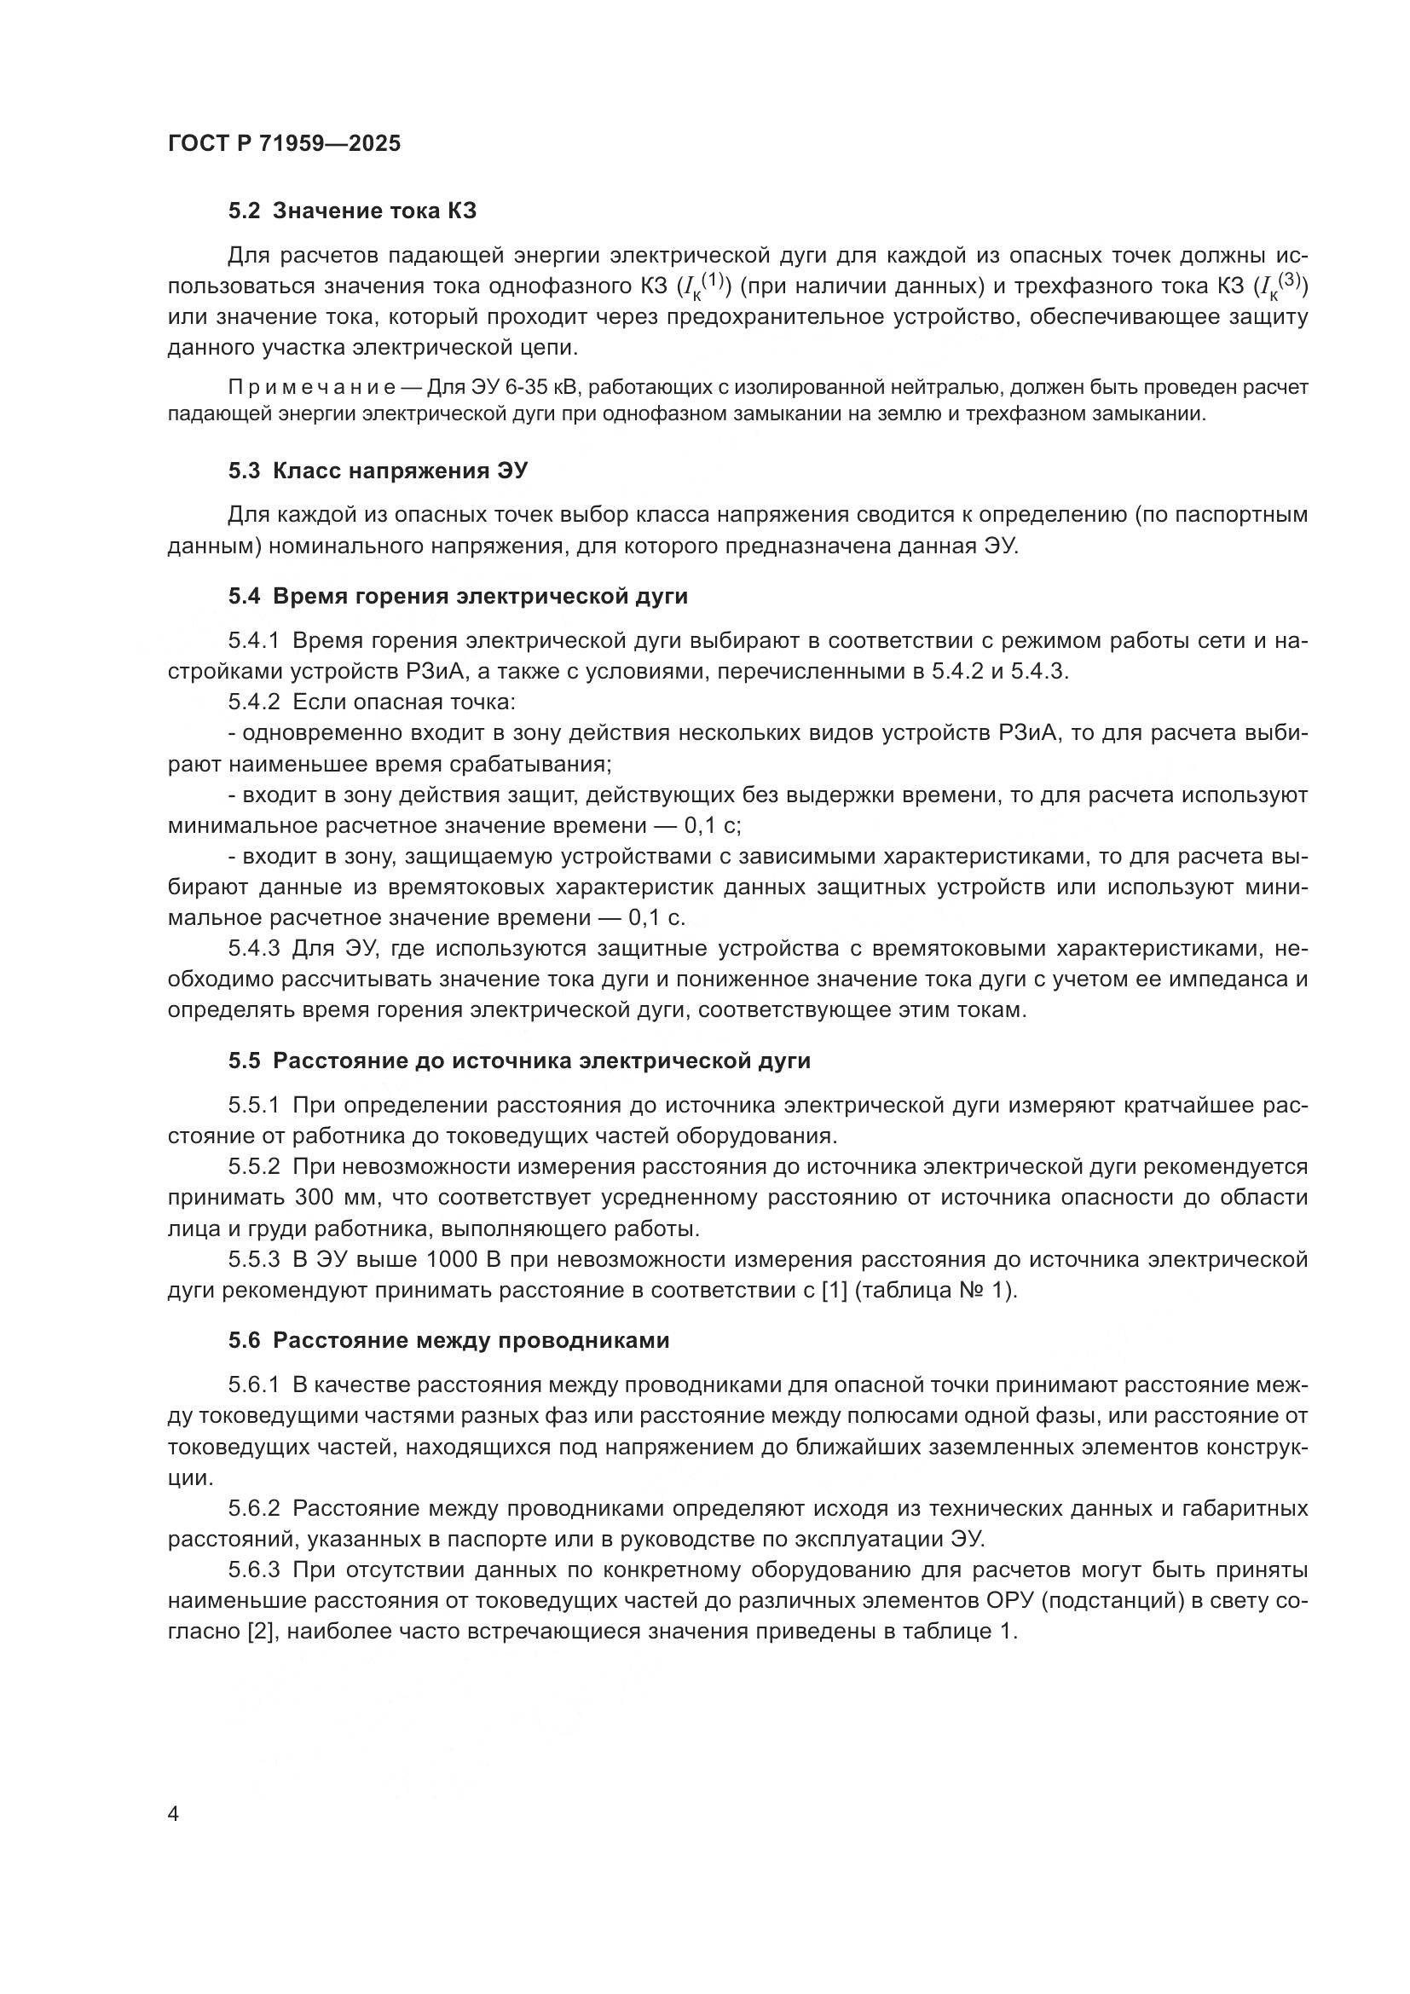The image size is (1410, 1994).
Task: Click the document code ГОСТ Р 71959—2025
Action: pos(284,144)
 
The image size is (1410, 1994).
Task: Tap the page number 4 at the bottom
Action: pos(173,1814)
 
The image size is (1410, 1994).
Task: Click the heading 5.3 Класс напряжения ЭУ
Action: pos(378,471)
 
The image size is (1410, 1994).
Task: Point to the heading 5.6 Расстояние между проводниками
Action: pos(449,1340)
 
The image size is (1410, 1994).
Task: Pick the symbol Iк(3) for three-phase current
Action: pos(1283,286)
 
